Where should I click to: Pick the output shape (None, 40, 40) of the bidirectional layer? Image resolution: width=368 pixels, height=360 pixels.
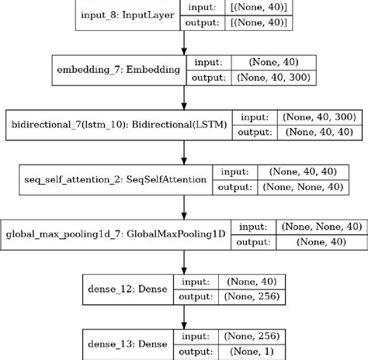coord(318,132)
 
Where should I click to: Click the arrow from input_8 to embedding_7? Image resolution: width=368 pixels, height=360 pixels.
coord(184,42)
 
